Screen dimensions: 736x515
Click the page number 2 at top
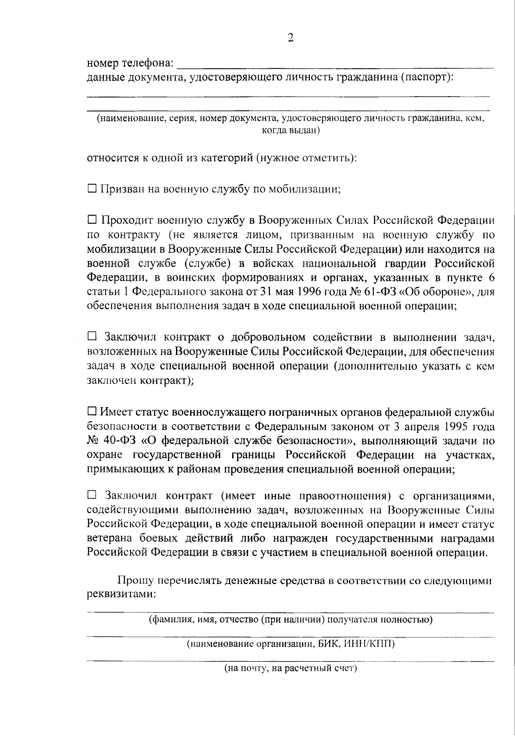coord(291,38)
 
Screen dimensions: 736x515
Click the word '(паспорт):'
coord(427,78)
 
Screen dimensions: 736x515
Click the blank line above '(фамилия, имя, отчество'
coord(290,611)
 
